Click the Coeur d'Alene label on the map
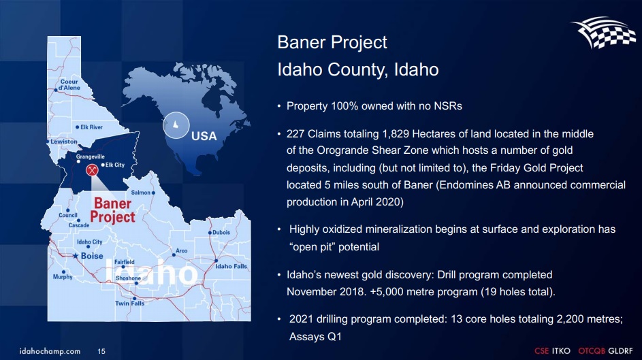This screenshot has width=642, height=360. tap(69, 84)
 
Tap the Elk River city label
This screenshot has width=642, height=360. tap(91, 127)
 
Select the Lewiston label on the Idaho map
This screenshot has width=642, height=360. tap(64, 142)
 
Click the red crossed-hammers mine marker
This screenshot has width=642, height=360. tap(92, 169)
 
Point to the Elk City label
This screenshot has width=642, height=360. tap(114, 165)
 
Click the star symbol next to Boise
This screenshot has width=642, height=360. tap(76, 256)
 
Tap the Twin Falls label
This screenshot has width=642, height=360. tap(129, 303)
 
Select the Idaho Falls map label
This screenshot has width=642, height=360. tap(231, 266)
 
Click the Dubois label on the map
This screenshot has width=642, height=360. tap(221, 232)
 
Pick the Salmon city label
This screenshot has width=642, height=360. tap(140, 193)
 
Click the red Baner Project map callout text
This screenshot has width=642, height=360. tap(112, 210)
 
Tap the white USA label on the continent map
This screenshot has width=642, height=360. tap(204, 136)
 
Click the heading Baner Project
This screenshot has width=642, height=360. tap(332, 42)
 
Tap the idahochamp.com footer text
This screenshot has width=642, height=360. tap(50, 351)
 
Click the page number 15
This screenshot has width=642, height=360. tap(101, 351)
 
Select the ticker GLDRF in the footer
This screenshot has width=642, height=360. tap(621, 351)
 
